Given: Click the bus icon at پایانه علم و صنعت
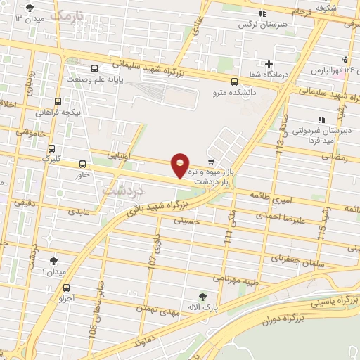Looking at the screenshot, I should (x=95, y=68).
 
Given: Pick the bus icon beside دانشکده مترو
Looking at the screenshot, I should (x=234, y=81).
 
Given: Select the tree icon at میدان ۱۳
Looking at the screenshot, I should (x=29, y=8).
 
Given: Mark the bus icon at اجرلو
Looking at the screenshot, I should (x=66, y=288).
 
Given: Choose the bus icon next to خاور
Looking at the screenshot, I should (x=82, y=164).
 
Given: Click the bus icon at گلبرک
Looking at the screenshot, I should (x=51, y=148).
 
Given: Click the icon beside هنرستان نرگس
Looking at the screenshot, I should (x=262, y=13).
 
